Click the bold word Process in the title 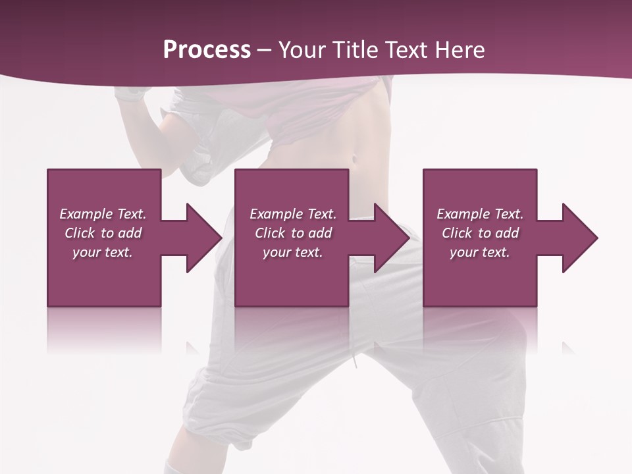tap(207, 50)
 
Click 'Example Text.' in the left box tap(103, 214)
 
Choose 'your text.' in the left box tap(103, 252)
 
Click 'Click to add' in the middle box tap(293, 233)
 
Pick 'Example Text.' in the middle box tap(293, 214)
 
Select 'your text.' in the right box tap(480, 252)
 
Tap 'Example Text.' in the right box tap(480, 214)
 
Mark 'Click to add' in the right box tap(480, 233)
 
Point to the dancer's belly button tap(356, 159)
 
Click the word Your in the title tap(302, 50)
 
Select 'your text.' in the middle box tap(293, 252)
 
